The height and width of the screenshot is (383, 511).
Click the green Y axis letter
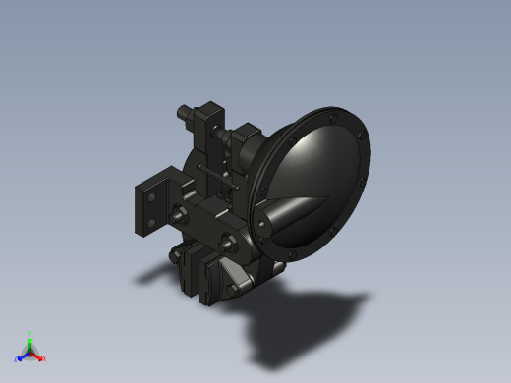tap(30, 334)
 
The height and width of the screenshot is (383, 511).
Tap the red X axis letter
tap(43, 358)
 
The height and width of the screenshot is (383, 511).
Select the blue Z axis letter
tap(17, 358)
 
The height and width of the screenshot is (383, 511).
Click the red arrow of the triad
tap(37, 356)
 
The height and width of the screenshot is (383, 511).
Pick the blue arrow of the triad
tap(23, 356)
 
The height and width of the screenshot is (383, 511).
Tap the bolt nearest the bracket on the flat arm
tap(181, 217)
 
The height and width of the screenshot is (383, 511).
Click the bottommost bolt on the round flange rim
tap(295, 257)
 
